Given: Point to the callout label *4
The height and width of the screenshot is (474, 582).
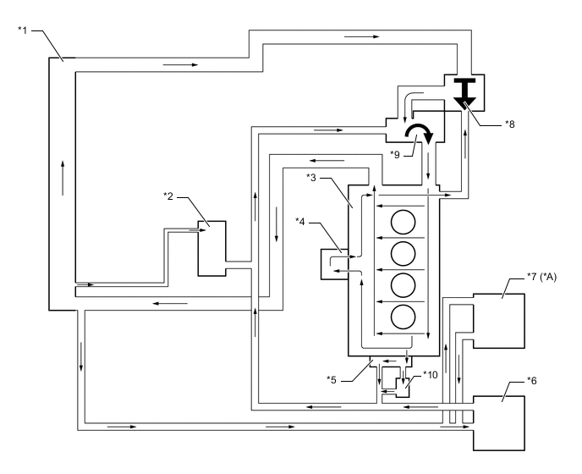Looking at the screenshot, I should click(302, 223).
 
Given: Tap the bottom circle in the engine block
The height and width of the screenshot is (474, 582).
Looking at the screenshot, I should click(404, 316).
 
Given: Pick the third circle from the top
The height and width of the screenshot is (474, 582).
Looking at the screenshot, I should click(404, 284).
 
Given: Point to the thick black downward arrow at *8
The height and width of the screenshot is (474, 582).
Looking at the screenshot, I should click(465, 92).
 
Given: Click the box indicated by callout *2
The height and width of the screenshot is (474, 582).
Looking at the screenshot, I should click(211, 247).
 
